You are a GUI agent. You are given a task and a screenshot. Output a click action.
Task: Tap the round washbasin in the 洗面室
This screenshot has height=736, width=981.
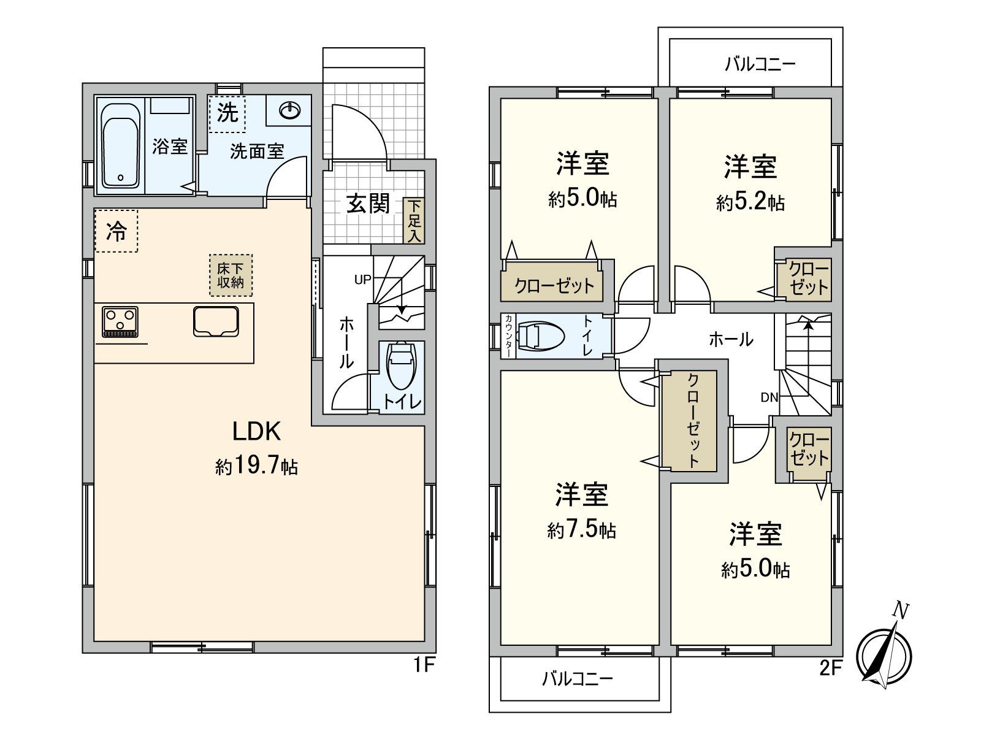[x=289, y=110]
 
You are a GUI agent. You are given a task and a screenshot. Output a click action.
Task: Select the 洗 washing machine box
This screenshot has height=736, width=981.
[x=227, y=113]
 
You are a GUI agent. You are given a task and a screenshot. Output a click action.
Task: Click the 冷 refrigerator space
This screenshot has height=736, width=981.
[x=116, y=231]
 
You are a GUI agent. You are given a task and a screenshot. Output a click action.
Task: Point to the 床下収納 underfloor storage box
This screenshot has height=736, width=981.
[x=231, y=275]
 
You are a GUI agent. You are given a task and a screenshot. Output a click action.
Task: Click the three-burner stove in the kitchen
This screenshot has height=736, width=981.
[x=120, y=321]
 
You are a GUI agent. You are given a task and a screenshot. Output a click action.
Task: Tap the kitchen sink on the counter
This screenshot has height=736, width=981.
[x=216, y=321]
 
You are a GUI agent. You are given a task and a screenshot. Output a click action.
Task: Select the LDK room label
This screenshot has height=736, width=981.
[x=256, y=432]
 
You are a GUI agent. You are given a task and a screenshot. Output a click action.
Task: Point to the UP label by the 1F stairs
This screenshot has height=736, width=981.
[x=362, y=280]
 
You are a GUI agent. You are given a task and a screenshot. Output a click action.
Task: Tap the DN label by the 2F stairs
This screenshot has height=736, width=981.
[x=769, y=397]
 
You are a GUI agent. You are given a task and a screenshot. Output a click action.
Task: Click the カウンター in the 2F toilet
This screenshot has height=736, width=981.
[x=508, y=336]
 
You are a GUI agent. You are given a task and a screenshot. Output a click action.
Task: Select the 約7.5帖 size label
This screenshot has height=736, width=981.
[x=581, y=530]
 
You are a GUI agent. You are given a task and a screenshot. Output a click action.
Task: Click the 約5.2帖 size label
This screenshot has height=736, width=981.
[x=750, y=202]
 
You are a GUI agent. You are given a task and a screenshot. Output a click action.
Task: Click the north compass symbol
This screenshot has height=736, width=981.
[x=883, y=653]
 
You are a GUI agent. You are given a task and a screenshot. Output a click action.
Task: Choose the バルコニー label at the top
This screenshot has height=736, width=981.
[x=760, y=64]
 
